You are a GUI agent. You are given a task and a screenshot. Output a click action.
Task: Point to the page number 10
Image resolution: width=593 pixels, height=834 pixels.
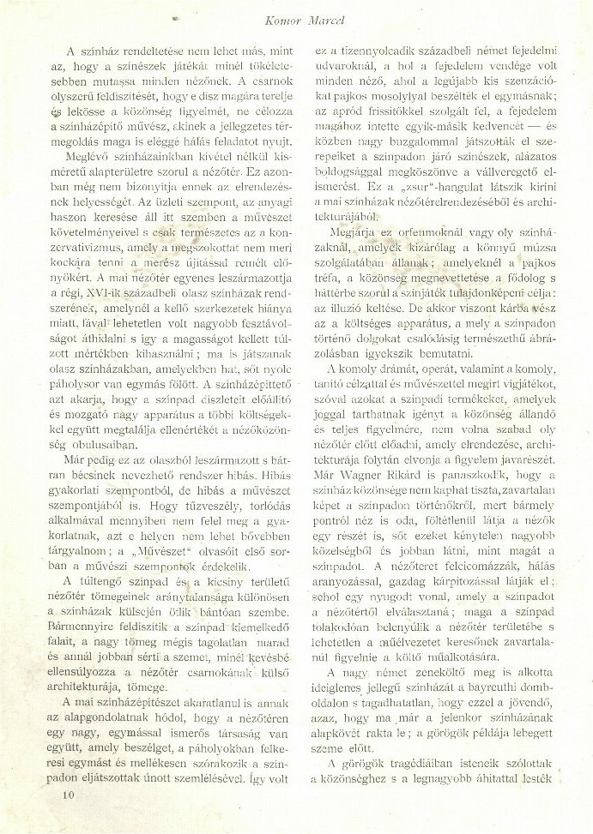[68, 795]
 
